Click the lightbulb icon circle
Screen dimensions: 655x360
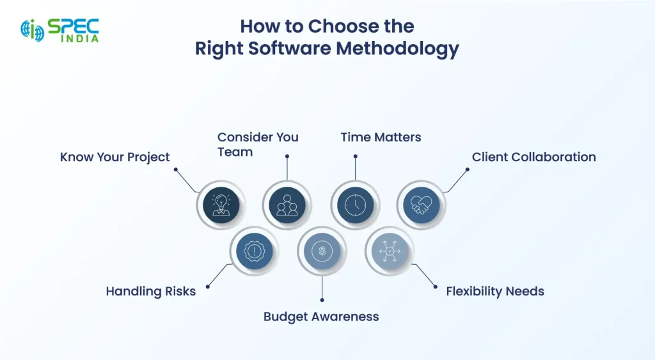coord(221,205)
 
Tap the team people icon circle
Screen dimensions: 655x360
coord(287,205)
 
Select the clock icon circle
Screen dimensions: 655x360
coord(356,205)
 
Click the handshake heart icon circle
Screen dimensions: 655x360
coord(422,205)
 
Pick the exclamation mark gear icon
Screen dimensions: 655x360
coord(255,251)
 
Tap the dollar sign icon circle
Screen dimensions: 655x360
coord(322,251)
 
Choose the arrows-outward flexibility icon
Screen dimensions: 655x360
coord(390,251)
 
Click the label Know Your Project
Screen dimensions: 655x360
coord(115,157)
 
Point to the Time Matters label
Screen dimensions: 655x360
coord(381,137)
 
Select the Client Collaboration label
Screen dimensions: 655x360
coord(534,157)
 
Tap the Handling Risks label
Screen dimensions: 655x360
coord(151,291)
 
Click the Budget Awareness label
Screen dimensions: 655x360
coord(321,317)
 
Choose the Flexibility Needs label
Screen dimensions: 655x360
coord(495,291)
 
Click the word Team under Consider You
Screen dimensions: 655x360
coord(235,152)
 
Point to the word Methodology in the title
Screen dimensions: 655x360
coord(398,49)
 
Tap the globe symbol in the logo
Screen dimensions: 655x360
coord(33,31)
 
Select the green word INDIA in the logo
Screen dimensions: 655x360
coord(80,38)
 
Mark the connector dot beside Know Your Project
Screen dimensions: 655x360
coord(176,169)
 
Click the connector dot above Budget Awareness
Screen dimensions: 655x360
coord(322,300)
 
